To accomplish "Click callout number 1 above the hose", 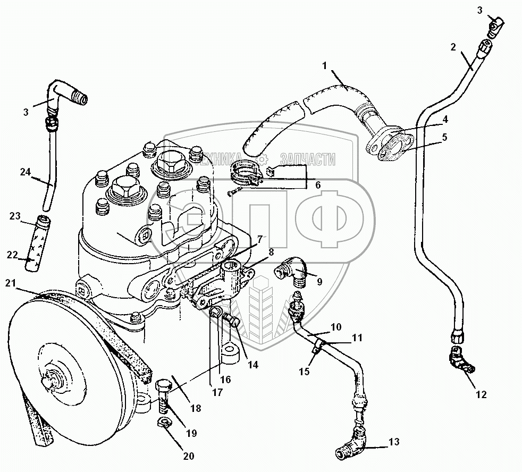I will (323, 65).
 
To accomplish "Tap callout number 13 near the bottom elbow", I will (393, 442).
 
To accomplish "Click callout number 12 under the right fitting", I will (482, 394).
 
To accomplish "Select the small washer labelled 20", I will (163, 423).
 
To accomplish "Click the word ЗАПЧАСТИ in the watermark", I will (308, 159).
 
